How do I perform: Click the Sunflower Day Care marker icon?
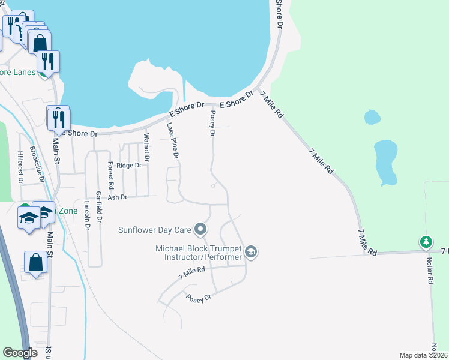(201, 229)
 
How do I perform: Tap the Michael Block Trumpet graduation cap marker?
(252, 252)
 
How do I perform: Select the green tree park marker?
(426, 242)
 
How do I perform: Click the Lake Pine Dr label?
(173, 140)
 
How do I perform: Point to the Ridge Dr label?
(129, 165)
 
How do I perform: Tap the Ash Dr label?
(118, 197)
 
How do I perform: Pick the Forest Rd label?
(110, 175)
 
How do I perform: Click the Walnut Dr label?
(145, 145)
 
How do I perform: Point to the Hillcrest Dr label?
(20, 166)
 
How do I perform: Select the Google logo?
(20, 353)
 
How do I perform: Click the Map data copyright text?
(424, 355)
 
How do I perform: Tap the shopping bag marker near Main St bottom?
(35, 263)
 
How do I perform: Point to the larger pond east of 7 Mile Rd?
(385, 162)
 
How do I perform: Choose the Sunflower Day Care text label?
(154, 229)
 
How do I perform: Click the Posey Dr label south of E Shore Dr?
(212, 123)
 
